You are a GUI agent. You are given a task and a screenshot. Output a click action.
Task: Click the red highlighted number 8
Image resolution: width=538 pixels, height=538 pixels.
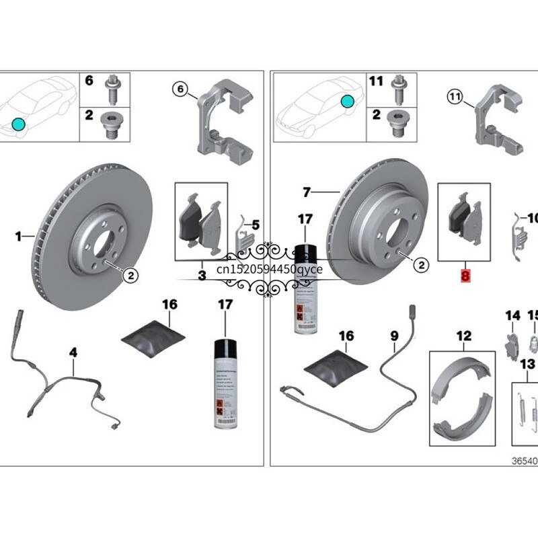pos(465,275)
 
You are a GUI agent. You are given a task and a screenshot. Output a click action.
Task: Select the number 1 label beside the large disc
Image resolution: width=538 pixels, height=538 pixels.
pos(20,236)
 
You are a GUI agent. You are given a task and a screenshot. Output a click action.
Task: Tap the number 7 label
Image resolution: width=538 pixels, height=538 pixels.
pos(307,193)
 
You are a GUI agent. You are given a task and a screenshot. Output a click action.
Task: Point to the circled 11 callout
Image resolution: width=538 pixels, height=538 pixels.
pos(456,98)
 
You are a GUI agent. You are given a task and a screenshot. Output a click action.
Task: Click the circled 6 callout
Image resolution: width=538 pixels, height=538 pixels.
pos(180,88)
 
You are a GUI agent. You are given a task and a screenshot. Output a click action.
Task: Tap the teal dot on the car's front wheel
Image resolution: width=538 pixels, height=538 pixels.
pos(18,124)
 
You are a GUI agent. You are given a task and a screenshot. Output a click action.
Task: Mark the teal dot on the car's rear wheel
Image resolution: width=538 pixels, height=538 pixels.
pos(347,102)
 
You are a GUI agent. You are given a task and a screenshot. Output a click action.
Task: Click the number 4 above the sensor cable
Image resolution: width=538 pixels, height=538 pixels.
pos(74,351)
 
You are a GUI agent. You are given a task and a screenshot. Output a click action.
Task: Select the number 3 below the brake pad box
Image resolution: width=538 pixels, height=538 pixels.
pos(201,276)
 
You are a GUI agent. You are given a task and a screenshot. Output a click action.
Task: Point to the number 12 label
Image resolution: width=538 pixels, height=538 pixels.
pos(463,336)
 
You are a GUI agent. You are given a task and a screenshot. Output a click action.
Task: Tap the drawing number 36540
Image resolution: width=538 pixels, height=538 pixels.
pos(524,463)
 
